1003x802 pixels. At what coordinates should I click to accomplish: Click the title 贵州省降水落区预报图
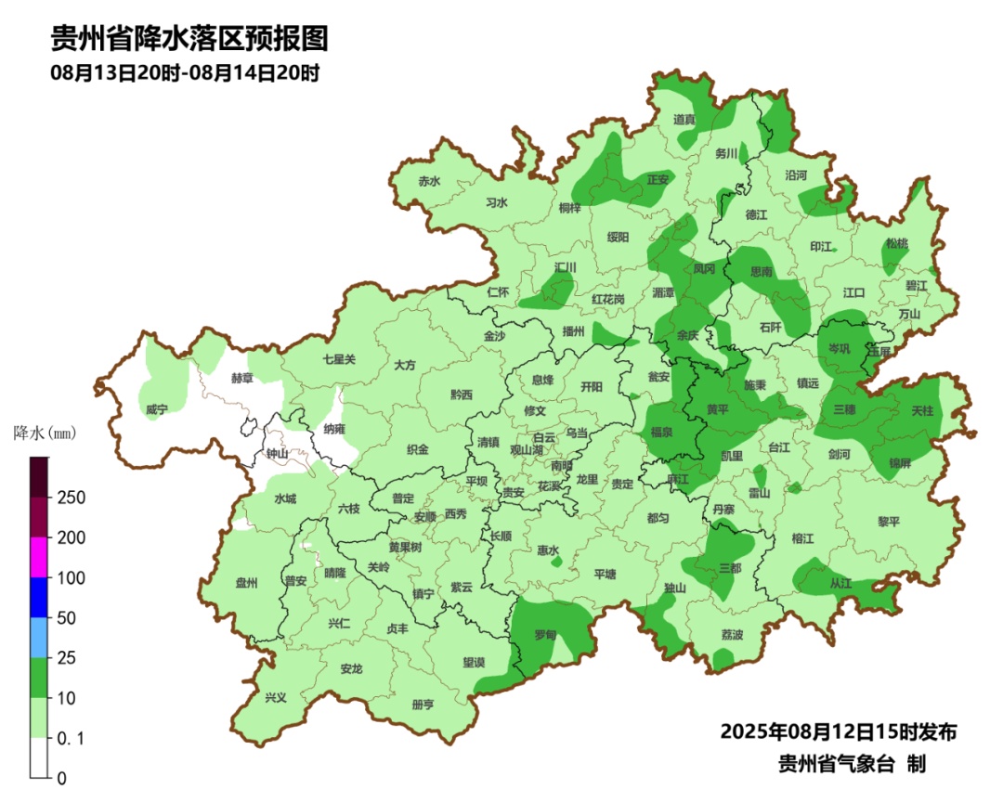point(189,39)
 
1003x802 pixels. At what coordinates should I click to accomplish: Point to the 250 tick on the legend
point(72,498)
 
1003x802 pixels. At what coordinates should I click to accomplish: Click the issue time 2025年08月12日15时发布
point(838,731)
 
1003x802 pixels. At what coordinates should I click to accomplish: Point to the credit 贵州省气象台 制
point(851,763)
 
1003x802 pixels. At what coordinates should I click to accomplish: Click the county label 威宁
point(156,409)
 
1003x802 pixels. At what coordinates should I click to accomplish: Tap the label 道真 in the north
point(684,119)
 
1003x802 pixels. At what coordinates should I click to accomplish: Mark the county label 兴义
point(276,697)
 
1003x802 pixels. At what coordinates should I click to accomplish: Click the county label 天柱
point(922,409)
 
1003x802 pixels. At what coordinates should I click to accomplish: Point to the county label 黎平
point(889,522)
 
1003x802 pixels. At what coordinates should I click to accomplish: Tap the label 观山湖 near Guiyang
point(530,449)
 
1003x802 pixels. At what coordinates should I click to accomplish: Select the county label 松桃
point(895,243)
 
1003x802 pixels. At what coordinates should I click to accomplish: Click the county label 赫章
point(241,379)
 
